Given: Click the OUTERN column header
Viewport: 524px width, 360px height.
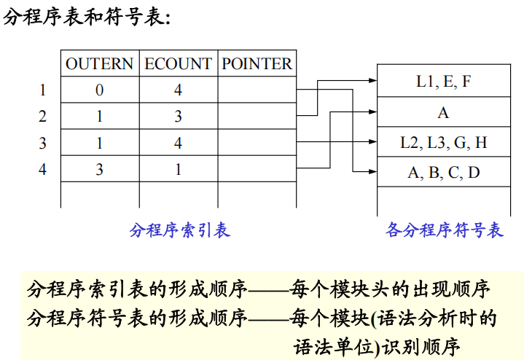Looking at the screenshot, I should pos(100,64).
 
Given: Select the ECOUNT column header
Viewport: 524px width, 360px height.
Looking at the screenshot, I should pos(178,64).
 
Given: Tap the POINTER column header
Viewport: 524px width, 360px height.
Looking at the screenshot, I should pos(257,64).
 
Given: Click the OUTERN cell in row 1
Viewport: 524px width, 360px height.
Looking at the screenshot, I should pos(100,90).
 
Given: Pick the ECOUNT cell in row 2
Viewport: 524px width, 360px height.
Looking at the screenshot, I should pos(178,117).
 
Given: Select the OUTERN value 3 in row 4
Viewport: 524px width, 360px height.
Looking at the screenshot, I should pos(100,169).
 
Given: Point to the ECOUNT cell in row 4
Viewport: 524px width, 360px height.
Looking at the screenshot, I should pos(178,169).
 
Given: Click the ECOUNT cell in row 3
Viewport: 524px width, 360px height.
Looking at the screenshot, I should pos(178,143).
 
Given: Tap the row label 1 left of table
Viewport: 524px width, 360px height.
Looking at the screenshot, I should pos(42,90).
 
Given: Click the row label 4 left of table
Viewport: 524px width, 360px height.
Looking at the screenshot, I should pos(42,169).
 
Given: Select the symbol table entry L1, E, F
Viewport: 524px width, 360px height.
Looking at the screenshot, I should pos(443,82).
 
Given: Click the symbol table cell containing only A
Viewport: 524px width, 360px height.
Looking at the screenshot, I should pos(443,112).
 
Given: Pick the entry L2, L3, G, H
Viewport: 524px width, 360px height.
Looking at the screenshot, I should pos(443,143).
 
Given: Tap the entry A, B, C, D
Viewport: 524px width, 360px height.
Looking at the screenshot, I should pos(443,173).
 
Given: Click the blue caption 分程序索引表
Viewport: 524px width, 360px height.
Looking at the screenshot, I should pos(179,231).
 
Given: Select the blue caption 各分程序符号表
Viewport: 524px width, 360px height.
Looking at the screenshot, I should pos(444,231).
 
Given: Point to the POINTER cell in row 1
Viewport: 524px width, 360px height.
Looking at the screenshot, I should pos(257,90).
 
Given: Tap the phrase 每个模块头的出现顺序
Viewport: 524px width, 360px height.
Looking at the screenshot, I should pos(389,289).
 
